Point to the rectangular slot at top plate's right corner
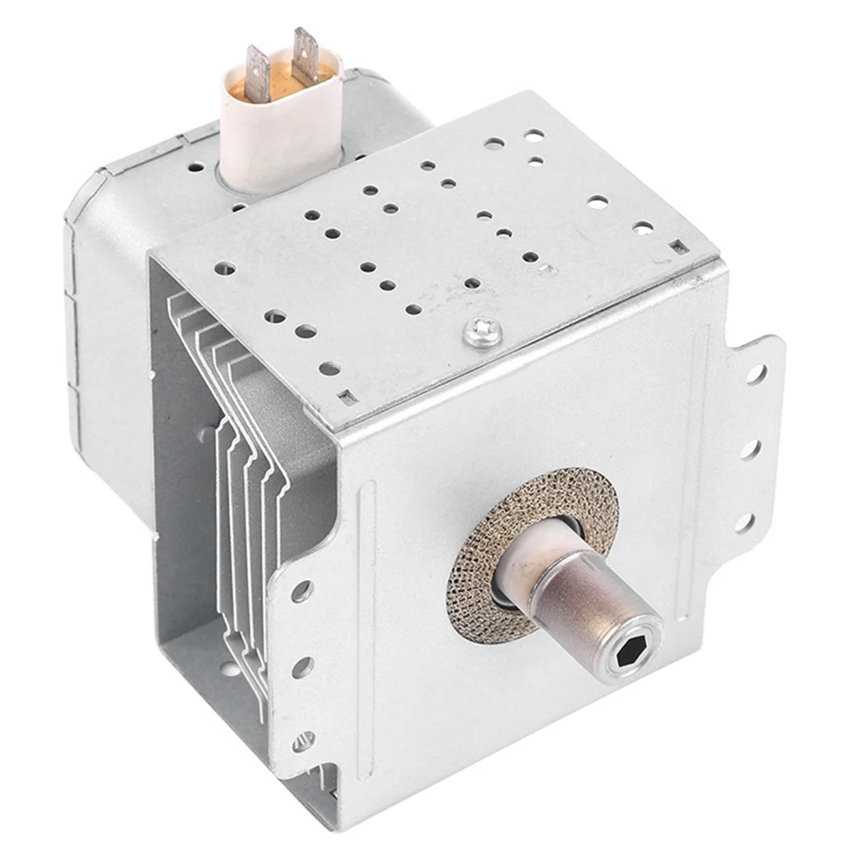[679, 246]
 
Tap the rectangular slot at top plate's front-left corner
[345, 396]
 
